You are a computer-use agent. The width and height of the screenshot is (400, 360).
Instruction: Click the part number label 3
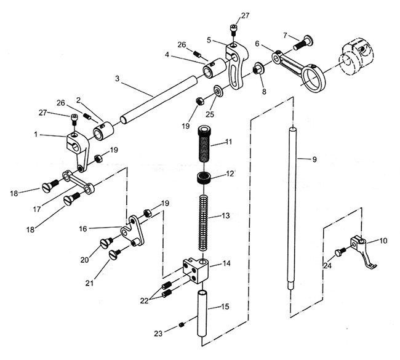(117, 79)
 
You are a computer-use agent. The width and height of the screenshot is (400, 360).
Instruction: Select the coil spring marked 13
(204, 223)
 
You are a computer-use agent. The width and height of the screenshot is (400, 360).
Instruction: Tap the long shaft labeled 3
(159, 100)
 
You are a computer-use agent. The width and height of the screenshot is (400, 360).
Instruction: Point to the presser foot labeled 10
(364, 252)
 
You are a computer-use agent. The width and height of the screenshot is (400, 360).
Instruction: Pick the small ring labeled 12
(204, 177)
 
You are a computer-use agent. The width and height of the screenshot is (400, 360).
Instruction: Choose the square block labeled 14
(196, 270)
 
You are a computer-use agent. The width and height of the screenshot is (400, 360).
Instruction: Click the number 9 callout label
(314, 159)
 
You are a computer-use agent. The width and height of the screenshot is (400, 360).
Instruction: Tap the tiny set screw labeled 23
(182, 325)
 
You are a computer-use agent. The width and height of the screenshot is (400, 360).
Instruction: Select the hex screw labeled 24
(340, 252)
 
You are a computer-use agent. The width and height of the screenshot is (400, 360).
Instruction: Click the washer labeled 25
(218, 91)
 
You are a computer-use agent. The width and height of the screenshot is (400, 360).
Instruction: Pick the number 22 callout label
(145, 301)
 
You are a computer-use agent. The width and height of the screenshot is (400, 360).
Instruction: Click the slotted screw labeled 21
(115, 254)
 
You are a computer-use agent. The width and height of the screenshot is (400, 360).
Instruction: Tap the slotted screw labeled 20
(106, 242)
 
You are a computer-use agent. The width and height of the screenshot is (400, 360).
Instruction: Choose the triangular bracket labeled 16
(132, 231)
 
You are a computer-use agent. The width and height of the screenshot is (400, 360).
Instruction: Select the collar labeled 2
(103, 131)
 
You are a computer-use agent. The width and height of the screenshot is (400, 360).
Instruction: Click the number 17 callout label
(37, 209)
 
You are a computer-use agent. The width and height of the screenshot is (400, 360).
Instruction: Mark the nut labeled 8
(257, 70)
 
